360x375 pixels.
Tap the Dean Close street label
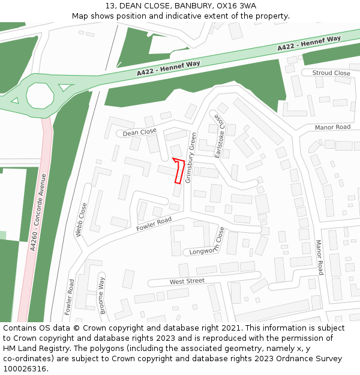139,131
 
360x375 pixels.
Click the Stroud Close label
331,73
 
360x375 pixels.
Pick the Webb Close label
81,220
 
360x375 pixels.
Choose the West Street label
187,281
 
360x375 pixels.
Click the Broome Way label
102,295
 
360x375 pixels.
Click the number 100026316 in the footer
25,368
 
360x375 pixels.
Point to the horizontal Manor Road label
332,127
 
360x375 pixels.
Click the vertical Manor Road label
320,257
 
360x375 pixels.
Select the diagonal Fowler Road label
154,224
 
